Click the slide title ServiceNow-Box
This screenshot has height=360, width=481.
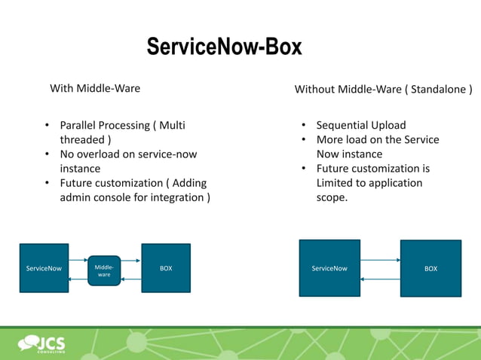(x=224, y=47)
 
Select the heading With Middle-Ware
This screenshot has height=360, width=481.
(x=95, y=89)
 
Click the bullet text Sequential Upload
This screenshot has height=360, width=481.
(x=360, y=125)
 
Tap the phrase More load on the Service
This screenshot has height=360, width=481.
(x=377, y=139)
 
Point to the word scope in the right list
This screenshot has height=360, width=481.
(x=331, y=197)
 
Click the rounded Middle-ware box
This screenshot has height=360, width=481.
(x=104, y=270)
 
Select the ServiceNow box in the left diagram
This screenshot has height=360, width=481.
(x=44, y=268)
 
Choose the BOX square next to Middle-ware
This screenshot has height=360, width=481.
(x=166, y=268)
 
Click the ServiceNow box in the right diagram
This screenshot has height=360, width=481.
(x=329, y=268)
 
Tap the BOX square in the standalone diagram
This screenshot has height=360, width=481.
(x=430, y=269)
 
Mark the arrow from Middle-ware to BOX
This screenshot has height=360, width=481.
(x=130, y=261)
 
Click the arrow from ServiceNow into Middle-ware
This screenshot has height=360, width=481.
(x=78, y=261)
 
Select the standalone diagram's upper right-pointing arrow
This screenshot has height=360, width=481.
(x=380, y=260)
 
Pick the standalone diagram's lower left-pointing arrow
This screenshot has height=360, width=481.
(x=380, y=279)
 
